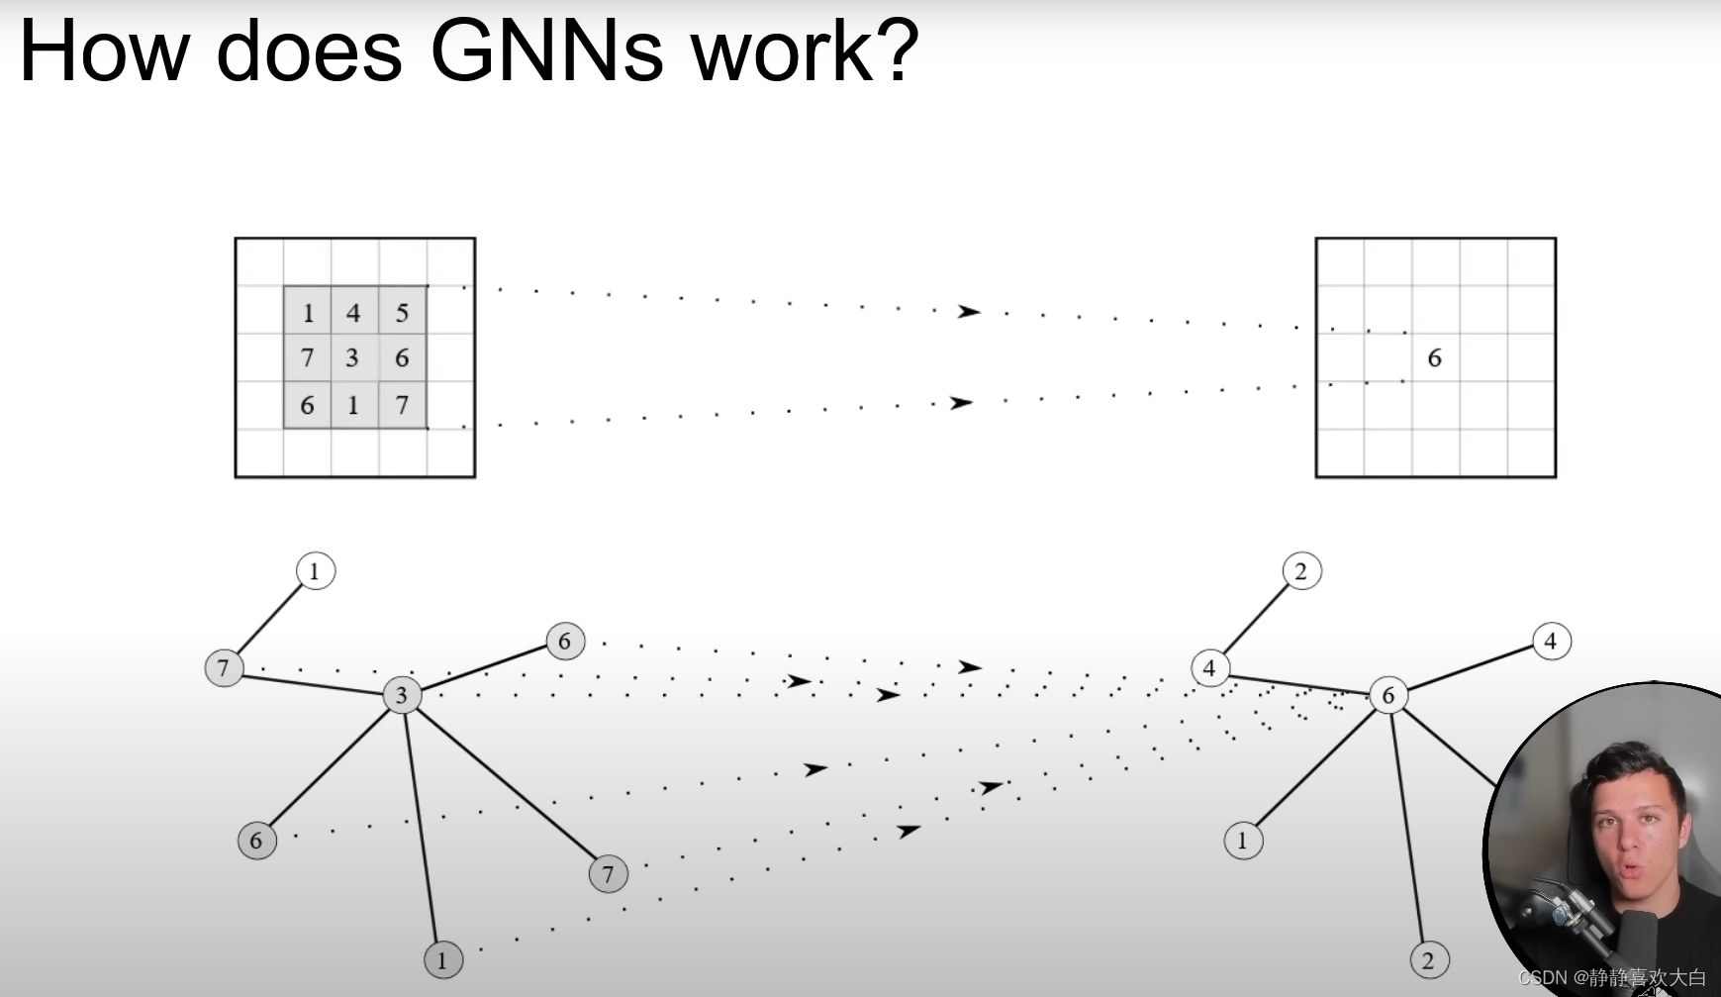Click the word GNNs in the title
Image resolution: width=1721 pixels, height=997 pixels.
click(546, 51)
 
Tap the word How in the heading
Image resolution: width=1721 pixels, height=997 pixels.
click(104, 51)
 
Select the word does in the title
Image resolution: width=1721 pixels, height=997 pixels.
click(309, 51)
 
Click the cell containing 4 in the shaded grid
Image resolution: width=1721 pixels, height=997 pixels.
click(353, 313)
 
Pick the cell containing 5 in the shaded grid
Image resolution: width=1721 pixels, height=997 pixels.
click(402, 313)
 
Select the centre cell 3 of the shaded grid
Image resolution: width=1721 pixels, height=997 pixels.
click(352, 357)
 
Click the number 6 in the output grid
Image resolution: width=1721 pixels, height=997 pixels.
click(1434, 358)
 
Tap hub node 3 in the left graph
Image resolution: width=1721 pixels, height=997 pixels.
click(402, 695)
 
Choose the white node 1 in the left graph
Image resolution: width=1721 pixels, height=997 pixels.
click(315, 571)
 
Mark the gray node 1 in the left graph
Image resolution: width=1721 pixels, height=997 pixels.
click(442, 959)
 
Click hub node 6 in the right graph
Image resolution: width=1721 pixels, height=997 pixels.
click(1387, 696)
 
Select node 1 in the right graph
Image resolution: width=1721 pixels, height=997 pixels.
click(1243, 842)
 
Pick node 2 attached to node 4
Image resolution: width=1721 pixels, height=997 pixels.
click(1301, 571)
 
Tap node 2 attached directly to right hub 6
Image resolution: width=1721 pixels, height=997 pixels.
click(1428, 960)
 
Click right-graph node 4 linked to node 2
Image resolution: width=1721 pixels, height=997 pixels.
click(1209, 668)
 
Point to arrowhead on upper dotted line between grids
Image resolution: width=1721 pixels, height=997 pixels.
click(968, 312)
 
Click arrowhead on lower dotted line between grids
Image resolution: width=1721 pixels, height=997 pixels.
click(961, 403)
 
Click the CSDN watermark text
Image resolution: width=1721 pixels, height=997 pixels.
click(1612, 978)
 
